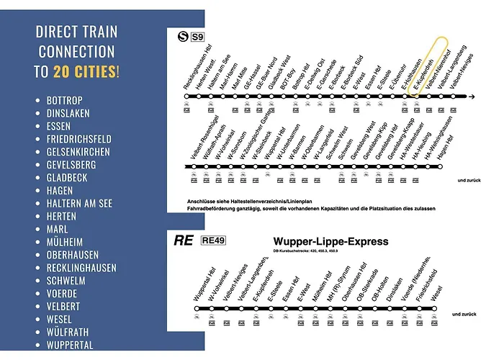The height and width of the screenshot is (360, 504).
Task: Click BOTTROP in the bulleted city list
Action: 64,100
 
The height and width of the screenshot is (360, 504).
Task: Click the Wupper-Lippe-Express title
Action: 331,241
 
